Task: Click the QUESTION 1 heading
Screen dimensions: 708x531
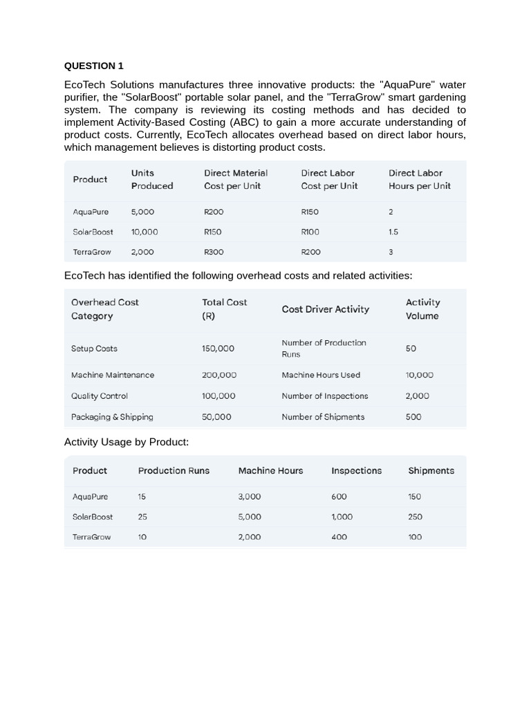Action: click(93, 66)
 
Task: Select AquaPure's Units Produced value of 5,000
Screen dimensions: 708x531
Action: click(142, 212)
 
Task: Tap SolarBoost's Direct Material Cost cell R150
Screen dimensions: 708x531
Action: click(213, 232)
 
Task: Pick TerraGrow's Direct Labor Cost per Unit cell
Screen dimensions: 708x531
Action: click(310, 252)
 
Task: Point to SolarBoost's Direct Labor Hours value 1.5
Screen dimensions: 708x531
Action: click(393, 232)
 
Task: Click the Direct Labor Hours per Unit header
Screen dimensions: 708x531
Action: click(419, 179)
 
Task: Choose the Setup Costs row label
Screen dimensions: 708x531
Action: click(94, 348)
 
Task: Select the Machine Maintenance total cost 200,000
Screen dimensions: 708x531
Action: click(219, 375)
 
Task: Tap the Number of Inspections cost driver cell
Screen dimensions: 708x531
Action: click(324, 396)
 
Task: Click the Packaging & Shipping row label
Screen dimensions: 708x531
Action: click(112, 417)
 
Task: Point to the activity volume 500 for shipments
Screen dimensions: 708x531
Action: click(413, 417)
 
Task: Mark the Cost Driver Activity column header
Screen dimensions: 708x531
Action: click(325, 309)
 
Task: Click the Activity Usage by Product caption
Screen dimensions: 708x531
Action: click(126, 442)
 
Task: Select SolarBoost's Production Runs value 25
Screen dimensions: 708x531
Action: click(142, 516)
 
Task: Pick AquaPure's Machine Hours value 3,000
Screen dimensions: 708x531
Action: click(250, 496)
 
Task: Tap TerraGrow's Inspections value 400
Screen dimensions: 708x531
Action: click(339, 537)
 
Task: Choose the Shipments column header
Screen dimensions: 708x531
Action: click(431, 471)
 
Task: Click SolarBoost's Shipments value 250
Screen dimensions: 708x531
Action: click(415, 516)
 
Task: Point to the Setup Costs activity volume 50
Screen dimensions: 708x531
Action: click(411, 348)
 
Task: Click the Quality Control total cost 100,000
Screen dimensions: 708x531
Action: click(218, 396)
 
